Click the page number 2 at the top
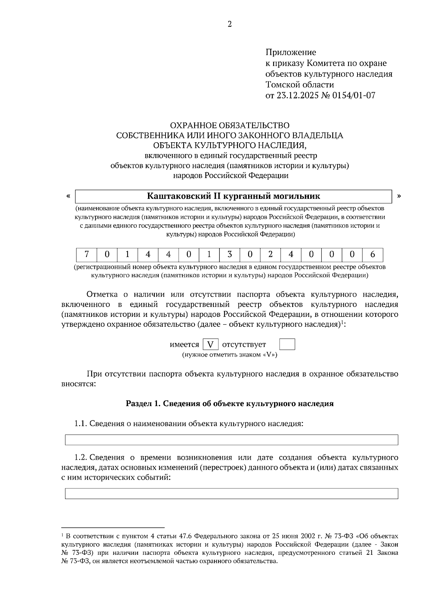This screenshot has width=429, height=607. pyautogui.click(x=230, y=24)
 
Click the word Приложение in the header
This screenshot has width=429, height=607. pyautogui.click(x=290, y=53)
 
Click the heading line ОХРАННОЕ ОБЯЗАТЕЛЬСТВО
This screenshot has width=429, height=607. pyautogui.click(x=230, y=125)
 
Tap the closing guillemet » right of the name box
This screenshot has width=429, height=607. pyautogui.click(x=399, y=196)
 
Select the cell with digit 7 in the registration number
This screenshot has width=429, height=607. pyautogui.click(x=87, y=255)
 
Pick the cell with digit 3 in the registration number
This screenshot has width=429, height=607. pyautogui.click(x=230, y=255)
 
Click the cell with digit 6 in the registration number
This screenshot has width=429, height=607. pyautogui.click(x=373, y=255)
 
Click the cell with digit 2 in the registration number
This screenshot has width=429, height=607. pyautogui.click(x=270, y=255)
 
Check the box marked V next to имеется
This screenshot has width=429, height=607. pyautogui.click(x=211, y=345)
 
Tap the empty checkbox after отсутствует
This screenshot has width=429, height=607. pyautogui.click(x=287, y=345)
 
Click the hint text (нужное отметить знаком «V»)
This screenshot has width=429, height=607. pyautogui.click(x=230, y=355)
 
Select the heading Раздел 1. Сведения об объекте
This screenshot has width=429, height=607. pyautogui.click(x=230, y=404)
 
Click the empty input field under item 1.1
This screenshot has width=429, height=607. pyautogui.click(x=231, y=440)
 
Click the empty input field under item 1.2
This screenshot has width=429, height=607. pyautogui.click(x=231, y=493)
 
